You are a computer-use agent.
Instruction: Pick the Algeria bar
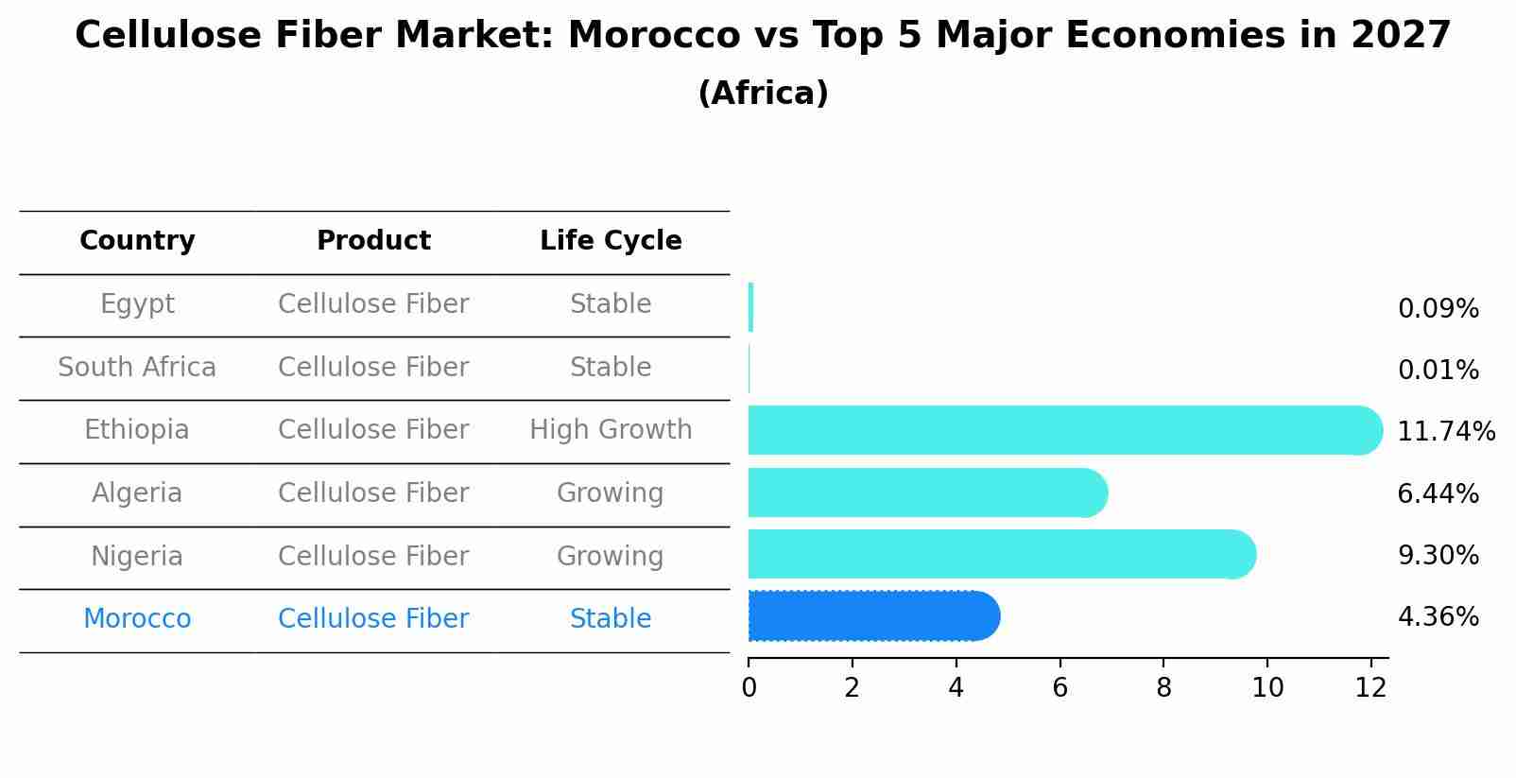[x=926, y=493]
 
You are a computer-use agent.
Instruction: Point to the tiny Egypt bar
[x=750, y=307]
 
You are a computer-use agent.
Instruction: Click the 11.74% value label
[x=1445, y=432]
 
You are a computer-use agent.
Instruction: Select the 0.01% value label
[x=1438, y=371]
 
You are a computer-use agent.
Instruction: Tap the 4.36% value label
[x=1438, y=617]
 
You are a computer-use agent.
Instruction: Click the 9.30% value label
[x=1438, y=556]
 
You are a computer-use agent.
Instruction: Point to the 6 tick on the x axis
[x=1059, y=688]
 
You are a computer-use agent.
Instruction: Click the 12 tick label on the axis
[x=1370, y=688]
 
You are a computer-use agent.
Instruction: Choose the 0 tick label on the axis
[x=749, y=688]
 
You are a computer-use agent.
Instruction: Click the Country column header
[x=137, y=241]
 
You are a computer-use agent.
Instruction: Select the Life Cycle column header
[x=611, y=241]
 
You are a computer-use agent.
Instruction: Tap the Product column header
[x=373, y=241]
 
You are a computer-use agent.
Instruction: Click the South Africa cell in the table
[x=137, y=368]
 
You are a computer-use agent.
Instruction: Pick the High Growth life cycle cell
[x=611, y=430]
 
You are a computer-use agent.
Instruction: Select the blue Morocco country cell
[x=137, y=619]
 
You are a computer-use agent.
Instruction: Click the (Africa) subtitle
[x=763, y=94]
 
